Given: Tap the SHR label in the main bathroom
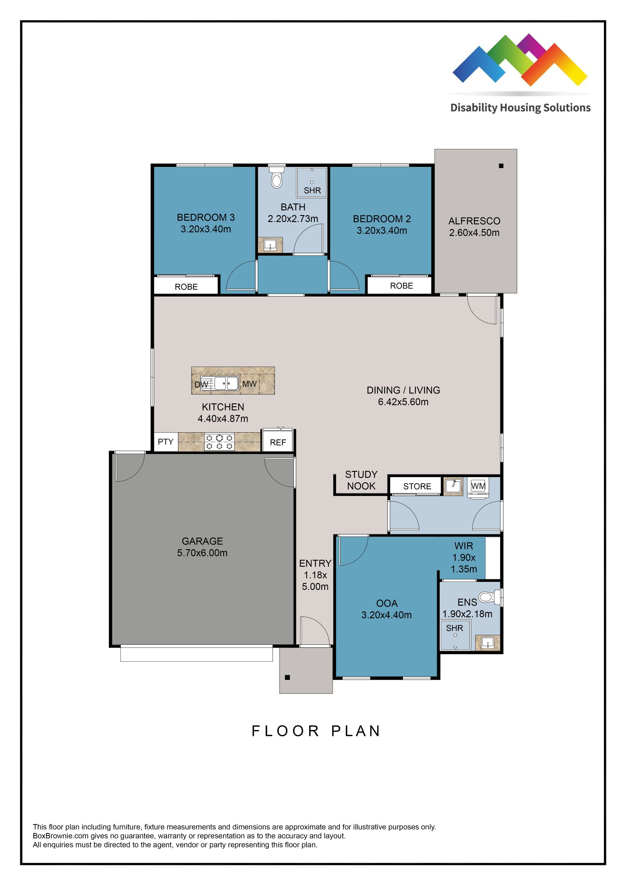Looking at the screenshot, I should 312,190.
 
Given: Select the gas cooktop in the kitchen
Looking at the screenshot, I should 219,442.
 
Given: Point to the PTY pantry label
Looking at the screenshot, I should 166,442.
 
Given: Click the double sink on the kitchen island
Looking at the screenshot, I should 226,383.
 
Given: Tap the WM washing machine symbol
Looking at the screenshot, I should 478,486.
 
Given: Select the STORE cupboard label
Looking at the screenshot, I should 417,486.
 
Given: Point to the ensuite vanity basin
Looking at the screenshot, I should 488,643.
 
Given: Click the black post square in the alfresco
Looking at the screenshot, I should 501,166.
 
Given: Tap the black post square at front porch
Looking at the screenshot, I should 287,678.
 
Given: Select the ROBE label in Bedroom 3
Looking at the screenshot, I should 186,287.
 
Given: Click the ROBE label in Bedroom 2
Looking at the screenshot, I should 401,286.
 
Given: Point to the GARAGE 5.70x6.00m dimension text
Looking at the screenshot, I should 202,553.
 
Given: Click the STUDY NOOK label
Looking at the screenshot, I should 361,480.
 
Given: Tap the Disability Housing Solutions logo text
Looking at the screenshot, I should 520,108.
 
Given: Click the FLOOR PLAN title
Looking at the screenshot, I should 316,731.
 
